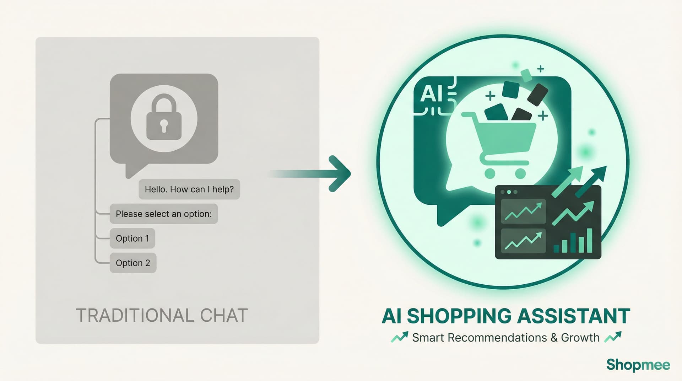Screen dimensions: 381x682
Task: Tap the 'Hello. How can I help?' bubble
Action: point(189,189)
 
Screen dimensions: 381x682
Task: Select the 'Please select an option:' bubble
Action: point(163,214)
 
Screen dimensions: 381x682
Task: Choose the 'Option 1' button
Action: point(132,238)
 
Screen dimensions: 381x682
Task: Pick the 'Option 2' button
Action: point(133,263)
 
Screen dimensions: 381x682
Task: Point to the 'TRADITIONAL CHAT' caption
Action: point(162,316)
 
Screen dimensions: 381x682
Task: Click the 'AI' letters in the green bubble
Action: point(431,95)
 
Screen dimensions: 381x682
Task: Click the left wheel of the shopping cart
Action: point(490,173)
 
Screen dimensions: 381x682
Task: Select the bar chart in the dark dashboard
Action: point(573,241)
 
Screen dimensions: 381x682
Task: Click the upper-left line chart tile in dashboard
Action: point(523,211)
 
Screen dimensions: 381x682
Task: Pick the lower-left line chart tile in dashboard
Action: point(523,241)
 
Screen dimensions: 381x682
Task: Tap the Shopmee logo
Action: point(638,365)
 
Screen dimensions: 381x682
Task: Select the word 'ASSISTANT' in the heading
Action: point(574,316)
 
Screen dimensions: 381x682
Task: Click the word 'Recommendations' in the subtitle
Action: point(497,338)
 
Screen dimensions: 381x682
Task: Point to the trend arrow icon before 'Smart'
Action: point(400,337)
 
